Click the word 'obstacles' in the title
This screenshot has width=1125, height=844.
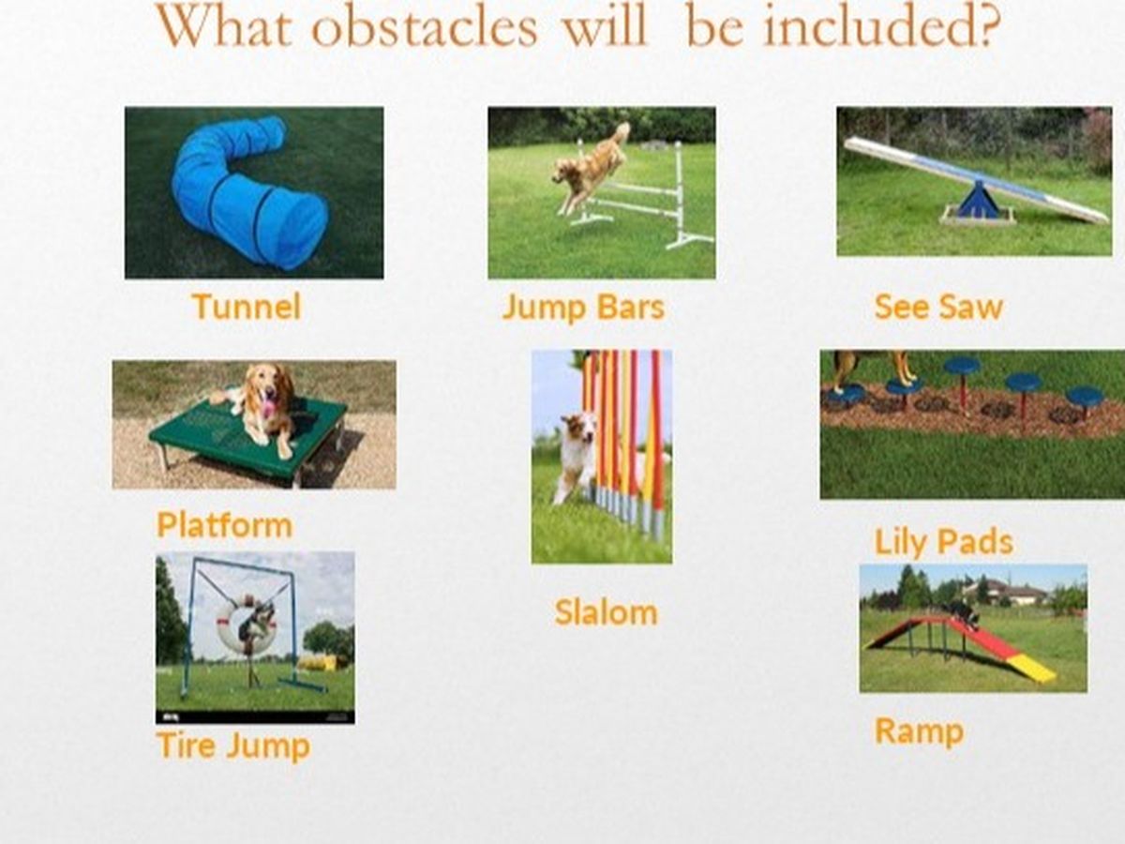point(425,26)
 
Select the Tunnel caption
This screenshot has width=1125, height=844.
point(247,307)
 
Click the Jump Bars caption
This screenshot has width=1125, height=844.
point(583,308)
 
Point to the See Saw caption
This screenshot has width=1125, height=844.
point(938,307)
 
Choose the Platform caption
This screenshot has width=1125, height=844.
point(224,525)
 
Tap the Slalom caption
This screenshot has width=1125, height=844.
point(606,612)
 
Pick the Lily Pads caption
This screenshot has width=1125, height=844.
point(943,542)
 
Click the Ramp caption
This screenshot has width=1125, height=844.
point(919,731)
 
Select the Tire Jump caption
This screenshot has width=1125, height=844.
point(233,746)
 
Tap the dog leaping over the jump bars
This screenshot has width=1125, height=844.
point(590,167)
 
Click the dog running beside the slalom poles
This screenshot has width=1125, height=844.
point(577,456)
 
